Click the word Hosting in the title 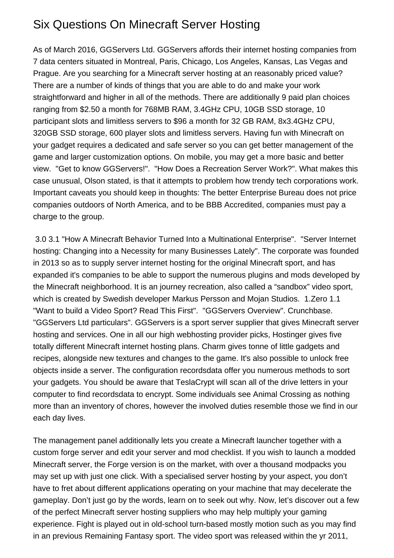(x=240, y=24)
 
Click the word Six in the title (x=41, y=24)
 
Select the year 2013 (x=50, y=263)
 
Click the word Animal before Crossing (x=265, y=394)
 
